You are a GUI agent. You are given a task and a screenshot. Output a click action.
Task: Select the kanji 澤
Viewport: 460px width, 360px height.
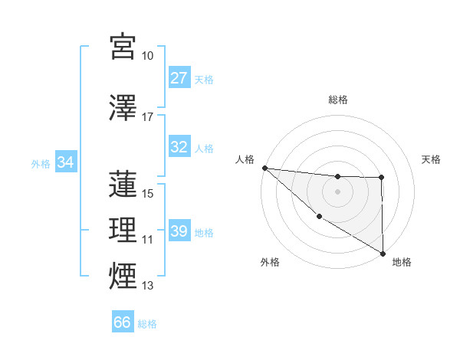[x=123, y=107]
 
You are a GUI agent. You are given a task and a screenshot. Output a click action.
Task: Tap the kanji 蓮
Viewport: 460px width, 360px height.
[x=123, y=184]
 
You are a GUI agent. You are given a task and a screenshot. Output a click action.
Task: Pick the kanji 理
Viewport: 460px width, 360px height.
[x=123, y=229]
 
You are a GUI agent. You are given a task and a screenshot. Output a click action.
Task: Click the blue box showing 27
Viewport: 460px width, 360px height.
[x=179, y=78]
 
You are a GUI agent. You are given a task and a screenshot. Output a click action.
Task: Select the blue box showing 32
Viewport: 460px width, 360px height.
[x=179, y=147]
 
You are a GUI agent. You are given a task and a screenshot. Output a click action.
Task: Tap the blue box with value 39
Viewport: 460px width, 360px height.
[x=179, y=232]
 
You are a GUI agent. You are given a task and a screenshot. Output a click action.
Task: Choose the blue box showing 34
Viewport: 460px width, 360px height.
[x=66, y=162]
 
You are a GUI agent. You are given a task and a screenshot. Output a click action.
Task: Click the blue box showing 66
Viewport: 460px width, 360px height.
[x=123, y=322]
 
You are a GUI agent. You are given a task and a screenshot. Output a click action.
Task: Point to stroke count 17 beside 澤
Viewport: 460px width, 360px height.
[x=147, y=117]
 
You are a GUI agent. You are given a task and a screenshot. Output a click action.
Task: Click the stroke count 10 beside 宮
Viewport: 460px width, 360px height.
[x=147, y=56]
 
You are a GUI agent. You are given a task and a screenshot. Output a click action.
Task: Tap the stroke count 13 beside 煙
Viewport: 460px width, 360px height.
[x=147, y=286]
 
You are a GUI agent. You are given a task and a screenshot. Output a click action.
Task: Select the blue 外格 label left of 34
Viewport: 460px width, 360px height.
[x=41, y=163]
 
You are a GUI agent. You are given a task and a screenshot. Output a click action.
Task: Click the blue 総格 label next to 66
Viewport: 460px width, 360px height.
[x=147, y=324]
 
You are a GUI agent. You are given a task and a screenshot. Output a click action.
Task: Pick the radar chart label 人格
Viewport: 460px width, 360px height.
[x=245, y=159]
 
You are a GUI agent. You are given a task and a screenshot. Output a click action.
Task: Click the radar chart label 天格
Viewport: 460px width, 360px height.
[x=431, y=159]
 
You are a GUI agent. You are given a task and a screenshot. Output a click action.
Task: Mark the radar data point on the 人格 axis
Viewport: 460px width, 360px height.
[x=264, y=168]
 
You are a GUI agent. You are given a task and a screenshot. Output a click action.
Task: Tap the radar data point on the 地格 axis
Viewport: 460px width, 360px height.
[x=382, y=254]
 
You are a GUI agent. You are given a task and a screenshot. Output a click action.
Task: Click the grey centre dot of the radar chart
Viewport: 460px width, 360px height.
[x=337, y=191]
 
